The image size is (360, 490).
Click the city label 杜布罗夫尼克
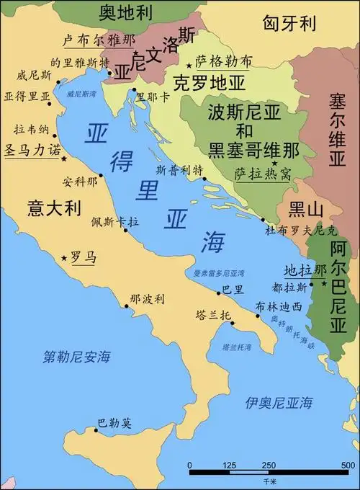pos(301,231)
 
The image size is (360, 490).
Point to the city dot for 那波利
pos(127,306)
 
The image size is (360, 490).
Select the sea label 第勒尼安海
pos(76,355)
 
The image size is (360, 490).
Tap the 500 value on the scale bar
pos(348,465)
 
